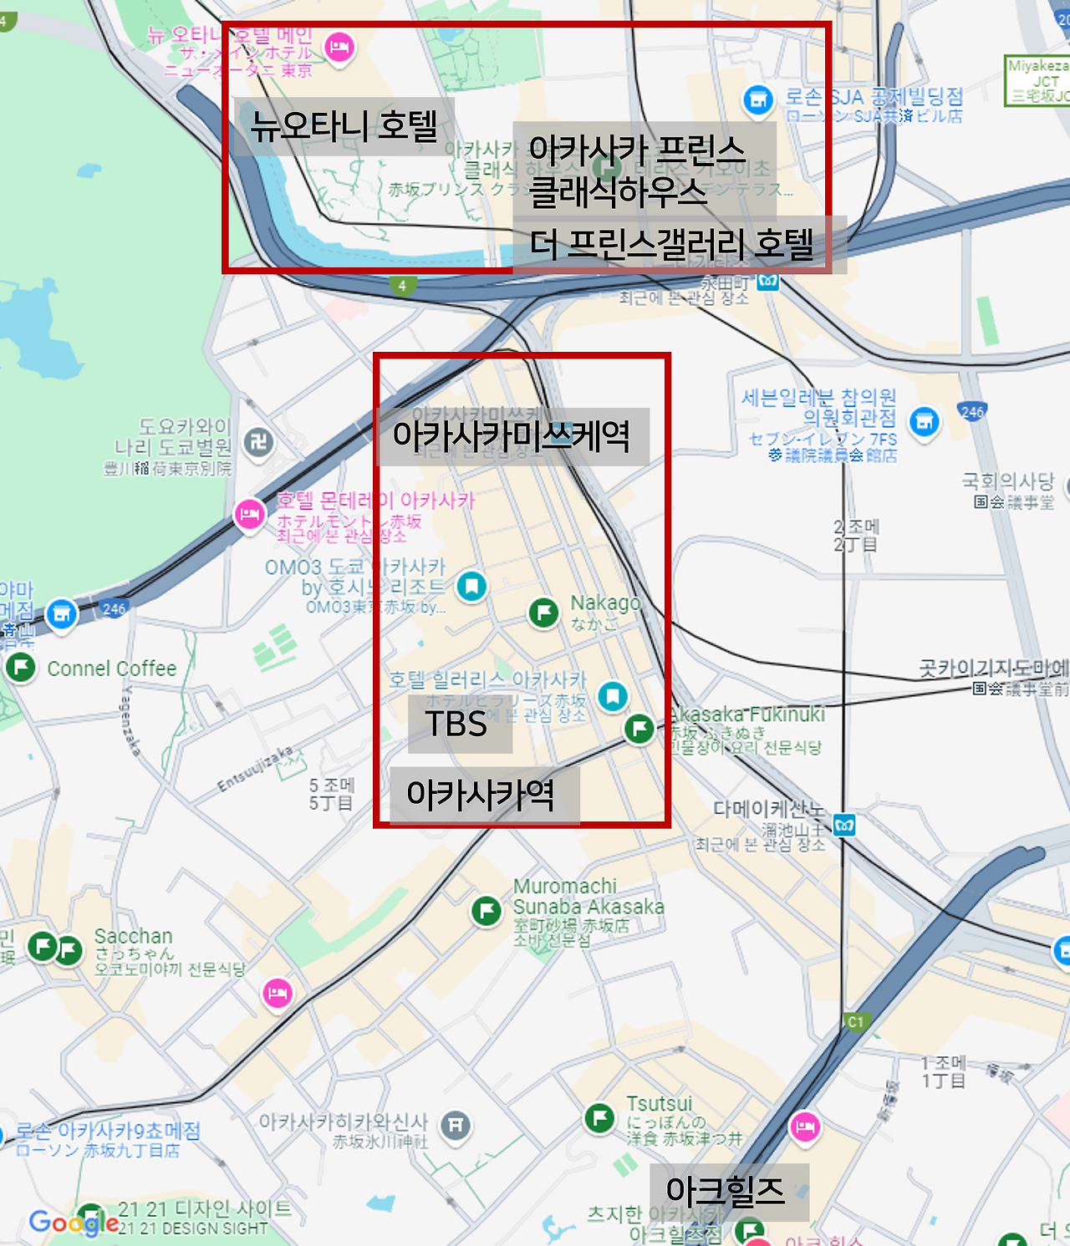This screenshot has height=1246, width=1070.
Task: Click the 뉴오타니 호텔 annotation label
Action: [344, 126]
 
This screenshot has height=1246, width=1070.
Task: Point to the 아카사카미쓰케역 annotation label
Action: [512, 435]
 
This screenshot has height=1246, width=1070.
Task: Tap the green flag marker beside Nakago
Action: [544, 613]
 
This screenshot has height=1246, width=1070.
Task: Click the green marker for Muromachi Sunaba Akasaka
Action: [487, 910]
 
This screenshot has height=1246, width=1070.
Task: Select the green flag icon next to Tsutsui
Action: [599, 1116]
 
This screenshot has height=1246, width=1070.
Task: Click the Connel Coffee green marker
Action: [21, 667]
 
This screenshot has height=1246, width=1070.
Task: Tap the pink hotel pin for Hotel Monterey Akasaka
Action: [249, 514]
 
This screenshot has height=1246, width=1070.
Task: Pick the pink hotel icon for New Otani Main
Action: [339, 47]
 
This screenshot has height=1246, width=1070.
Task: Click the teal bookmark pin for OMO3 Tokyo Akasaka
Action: [471, 586]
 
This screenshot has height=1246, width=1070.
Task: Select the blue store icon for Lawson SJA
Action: [758, 101]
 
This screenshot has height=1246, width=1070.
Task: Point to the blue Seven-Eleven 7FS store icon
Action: [925, 422]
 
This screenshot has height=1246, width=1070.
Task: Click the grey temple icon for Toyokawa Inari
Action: [258, 442]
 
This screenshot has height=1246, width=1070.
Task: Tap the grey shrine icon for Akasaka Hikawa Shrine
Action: [456, 1126]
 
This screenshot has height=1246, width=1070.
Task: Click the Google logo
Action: [74, 1223]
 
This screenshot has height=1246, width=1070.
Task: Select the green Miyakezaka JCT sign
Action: [1037, 81]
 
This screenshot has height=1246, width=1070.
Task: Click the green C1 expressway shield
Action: [855, 1021]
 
